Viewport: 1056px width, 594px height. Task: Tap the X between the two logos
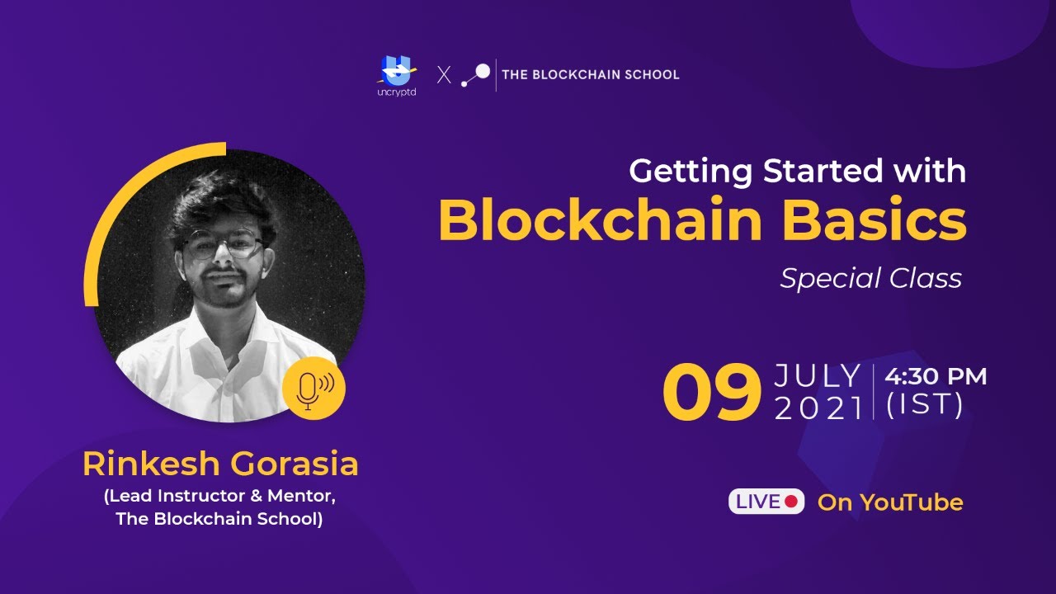[x=444, y=75]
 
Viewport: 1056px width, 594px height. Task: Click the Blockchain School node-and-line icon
[x=475, y=75]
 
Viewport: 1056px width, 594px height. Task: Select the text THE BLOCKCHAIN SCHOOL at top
[x=591, y=75]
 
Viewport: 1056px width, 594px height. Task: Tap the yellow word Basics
[x=874, y=221]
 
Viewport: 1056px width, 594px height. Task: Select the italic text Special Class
[x=870, y=279]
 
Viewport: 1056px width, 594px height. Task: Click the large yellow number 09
[x=711, y=392]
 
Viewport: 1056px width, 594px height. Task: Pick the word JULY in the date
[x=818, y=377]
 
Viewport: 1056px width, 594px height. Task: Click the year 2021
[x=818, y=408]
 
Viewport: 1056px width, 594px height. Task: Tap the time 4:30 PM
[x=936, y=377]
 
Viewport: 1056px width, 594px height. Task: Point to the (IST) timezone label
[x=924, y=406]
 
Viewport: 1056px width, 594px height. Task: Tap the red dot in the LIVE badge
[x=791, y=502]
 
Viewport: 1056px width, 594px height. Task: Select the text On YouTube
[x=890, y=502]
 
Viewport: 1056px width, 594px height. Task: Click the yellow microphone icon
[x=313, y=388]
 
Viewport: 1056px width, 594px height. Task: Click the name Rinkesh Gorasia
[x=220, y=464]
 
